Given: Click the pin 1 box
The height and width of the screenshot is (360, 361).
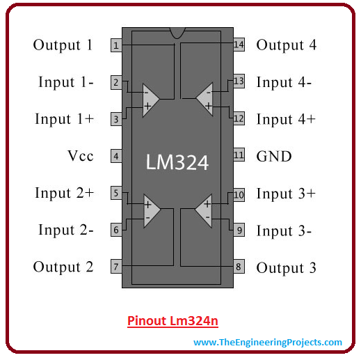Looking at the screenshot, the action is [x=116, y=45].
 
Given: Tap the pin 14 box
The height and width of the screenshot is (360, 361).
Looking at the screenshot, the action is [x=239, y=45].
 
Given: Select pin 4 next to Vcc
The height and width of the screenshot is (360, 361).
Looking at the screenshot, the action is [x=116, y=156].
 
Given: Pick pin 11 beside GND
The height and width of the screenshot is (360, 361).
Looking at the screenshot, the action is [x=239, y=155].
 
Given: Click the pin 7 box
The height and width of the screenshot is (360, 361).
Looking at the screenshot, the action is [x=116, y=267].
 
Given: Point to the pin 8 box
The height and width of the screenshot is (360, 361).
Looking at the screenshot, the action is [x=239, y=267].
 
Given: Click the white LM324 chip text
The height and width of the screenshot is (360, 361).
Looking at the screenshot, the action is [x=177, y=162].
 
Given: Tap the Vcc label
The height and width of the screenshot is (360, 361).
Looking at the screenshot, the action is [x=81, y=156].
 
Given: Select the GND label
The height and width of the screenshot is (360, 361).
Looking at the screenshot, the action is [x=274, y=156].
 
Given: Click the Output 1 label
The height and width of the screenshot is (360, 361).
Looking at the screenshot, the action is [x=63, y=45].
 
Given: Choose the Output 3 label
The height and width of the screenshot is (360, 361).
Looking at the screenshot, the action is [x=286, y=268].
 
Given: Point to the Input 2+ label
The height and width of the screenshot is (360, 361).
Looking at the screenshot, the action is [x=64, y=193].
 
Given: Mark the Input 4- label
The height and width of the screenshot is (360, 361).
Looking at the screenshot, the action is [x=284, y=83].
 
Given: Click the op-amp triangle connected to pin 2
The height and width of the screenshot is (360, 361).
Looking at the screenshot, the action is [x=150, y=100].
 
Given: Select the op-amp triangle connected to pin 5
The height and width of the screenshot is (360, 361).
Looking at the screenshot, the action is [x=151, y=211].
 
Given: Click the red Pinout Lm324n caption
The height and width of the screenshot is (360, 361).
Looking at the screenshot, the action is [x=173, y=321].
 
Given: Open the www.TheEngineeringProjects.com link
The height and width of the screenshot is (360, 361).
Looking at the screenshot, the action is [x=268, y=343].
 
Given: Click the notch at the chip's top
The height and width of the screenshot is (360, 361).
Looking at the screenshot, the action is [x=177, y=32].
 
